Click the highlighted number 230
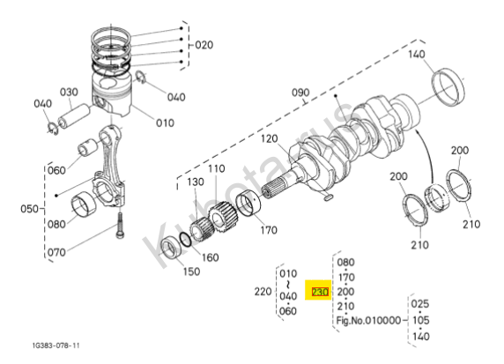pos(320,292)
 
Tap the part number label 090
pos(300,93)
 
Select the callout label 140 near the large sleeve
pos(417,54)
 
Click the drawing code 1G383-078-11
pos(56,345)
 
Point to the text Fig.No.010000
pos(368,320)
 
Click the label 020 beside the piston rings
pos(204,45)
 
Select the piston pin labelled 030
pos(75,115)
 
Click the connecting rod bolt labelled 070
pos(120,226)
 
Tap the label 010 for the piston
pos(165,123)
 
